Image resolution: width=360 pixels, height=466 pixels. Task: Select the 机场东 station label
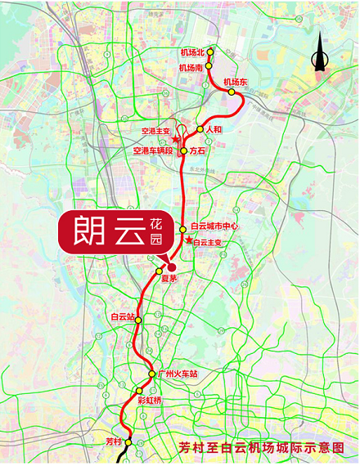point(235,82)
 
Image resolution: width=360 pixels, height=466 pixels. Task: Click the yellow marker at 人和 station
point(200,129)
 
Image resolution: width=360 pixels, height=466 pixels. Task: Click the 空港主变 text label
point(155,131)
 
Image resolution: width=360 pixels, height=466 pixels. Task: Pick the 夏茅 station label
point(168,279)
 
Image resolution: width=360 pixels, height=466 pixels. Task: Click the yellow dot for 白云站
point(138,320)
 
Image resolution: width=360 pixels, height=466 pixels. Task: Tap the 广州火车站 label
point(178,374)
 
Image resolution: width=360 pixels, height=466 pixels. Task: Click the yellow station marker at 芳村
point(128,442)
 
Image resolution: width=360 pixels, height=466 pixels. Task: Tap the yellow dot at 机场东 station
point(232,92)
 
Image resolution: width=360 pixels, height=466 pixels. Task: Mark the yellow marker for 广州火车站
point(152,374)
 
